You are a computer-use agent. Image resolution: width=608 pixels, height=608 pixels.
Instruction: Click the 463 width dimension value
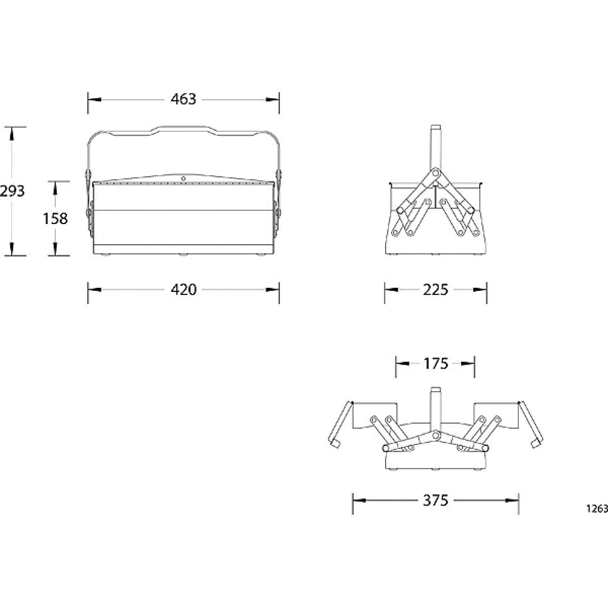pyautogui.click(x=184, y=99)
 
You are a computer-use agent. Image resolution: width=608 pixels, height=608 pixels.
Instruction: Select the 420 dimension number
pyautogui.click(x=184, y=289)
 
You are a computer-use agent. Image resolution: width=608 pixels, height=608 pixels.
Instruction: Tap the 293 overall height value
pyautogui.click(x=12, y=191)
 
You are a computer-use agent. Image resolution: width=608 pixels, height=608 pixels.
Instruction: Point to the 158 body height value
pyautogui.click(x=55, y=219)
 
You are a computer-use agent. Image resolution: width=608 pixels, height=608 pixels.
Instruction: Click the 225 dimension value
pyautogui.click(x=435, y=289)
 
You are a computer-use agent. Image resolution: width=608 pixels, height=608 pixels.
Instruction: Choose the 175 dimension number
pyautogui.click(x=435, y=364)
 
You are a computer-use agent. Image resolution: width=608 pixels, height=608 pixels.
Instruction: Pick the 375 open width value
pyautogui.click(x=435, y=500)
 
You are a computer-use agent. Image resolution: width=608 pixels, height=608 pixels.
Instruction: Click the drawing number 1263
pyautogui.click(x=597, y=509)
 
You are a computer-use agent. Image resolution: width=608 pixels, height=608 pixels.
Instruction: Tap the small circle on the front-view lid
pyautogui.click(x=184, y=178)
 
